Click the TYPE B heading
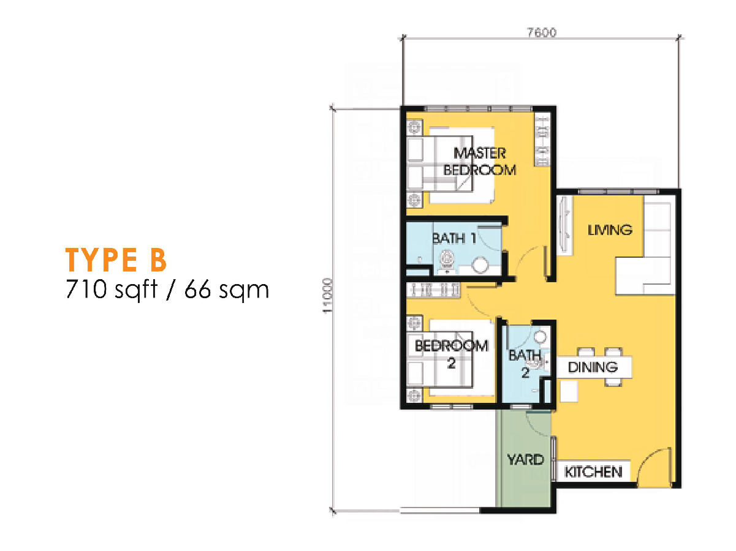point(116,260)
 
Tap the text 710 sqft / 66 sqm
point(167,288)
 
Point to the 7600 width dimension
point(541,32)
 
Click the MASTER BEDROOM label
point(479,161)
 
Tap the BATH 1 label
point(454,238)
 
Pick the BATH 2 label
point(525,364)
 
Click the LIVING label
point(609,230)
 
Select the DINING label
point(592,367)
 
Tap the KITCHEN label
point(593,471)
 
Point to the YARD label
point(526,459)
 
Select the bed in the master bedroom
point(461,165)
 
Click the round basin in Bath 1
point(482,264)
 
